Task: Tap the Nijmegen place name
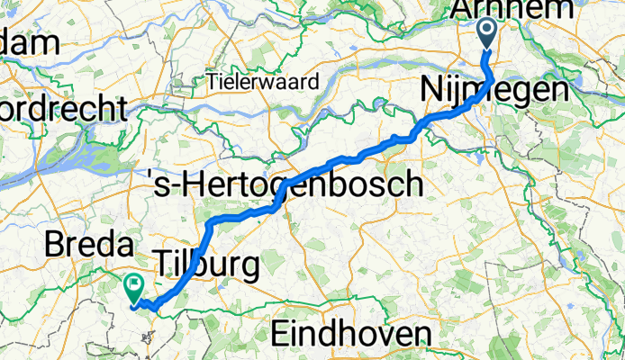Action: pyautogui.click(x=494, y=91)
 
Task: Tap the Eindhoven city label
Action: pyautogui.click(x=349, y=335)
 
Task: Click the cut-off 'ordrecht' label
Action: pyautogui.click(x=63, y=110)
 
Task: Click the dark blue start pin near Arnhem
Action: pyautogui.click(x=487, y=35)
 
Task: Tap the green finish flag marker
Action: pyautogui.click(x=135, y=287)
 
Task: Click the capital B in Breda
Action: pyautogui.click(x=55, y=245)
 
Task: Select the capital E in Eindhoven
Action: pyautogui.click(x=283, y=335)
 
